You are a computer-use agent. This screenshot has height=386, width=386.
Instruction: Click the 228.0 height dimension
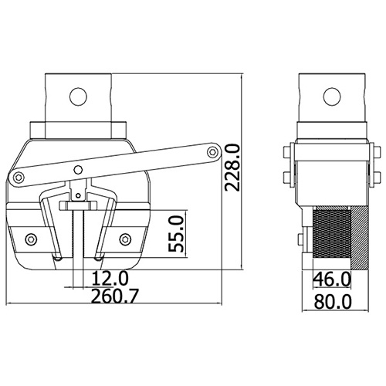tap(232, 168)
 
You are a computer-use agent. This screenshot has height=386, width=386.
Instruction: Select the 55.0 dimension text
tap(176, 234)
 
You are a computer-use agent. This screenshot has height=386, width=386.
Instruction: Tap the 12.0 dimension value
tap(110, 279)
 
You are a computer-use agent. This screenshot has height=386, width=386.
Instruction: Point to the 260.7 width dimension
tap(115, 296)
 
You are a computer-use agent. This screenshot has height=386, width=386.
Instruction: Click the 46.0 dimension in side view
tap(332, 279)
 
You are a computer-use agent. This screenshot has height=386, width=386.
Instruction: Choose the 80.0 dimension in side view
tap(333, 302)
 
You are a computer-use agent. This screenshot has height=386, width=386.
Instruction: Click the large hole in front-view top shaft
tap(78, 96)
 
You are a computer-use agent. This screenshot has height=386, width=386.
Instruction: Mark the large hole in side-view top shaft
tap(332, 96)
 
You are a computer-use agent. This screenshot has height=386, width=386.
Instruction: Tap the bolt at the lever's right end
tap(212, 152)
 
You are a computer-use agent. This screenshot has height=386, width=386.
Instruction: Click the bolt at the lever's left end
tap(19, 177)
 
